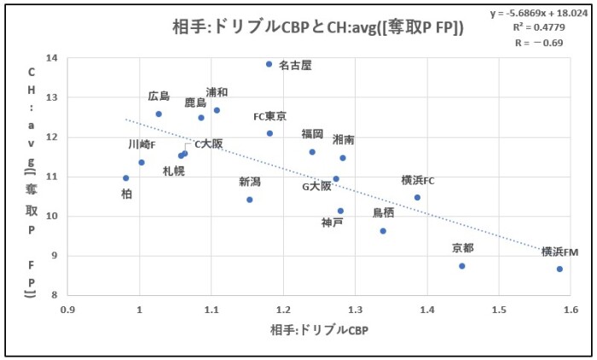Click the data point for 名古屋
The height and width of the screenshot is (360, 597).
pyautogui.click(x=269, y=64)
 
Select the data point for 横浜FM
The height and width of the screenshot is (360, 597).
pyautogui.click(x=559, y=269)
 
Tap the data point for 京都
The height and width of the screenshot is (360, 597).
pyautogui.click(x=462, y=266)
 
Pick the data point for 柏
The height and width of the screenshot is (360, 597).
pyautogui.click(x=126, y=178)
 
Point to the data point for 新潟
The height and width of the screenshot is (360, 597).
pyautogui.click(x=250, y=200)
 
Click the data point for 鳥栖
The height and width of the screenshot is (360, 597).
pyautogui.click(x=383, y=231)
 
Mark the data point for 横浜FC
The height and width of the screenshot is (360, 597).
pyautogui.click(x=417, y=197)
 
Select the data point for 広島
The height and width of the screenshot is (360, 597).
pyautogui.click(x=159, y=113)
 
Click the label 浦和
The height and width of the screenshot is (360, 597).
pyautogui.click(x=217, y=92)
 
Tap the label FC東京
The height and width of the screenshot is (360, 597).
pyautogui.click(x=270, y=117)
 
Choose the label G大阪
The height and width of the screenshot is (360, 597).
pyautogui.click(x=317, y=186)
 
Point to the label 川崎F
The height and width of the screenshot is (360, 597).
pyautogui.click(x=142, y=144)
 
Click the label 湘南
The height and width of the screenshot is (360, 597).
pyautogui.click(x=344, y=139)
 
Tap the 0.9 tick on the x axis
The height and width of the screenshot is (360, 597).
pyautogui.click(x=67, y=310)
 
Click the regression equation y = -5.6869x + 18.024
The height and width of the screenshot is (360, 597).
pyautogui.click(x=541, y=14)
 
